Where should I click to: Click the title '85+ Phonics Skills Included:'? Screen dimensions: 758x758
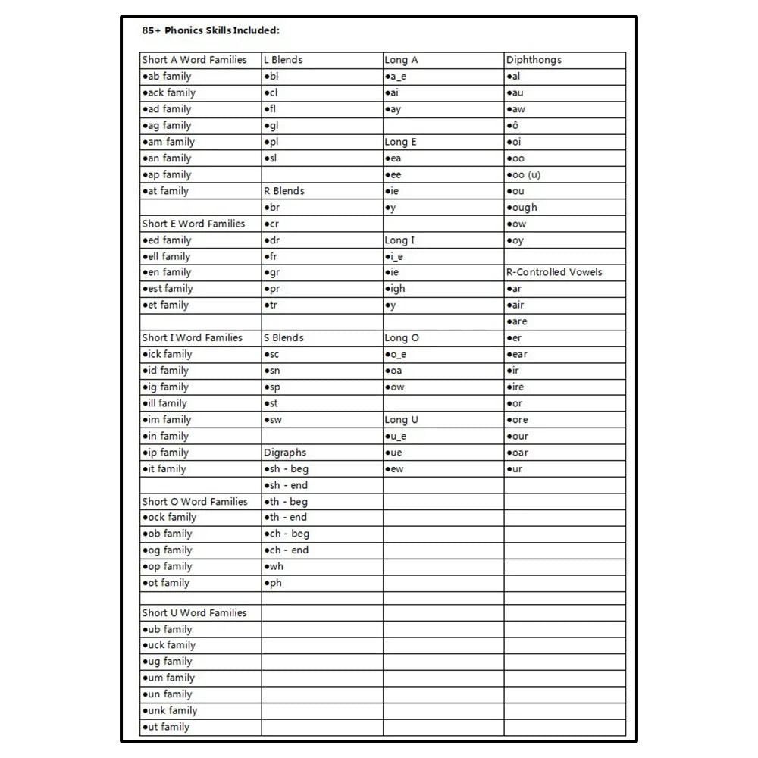(x=211, y=31)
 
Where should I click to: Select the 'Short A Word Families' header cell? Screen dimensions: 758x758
(x=195, y=60)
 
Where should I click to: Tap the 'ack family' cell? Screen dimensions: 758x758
(x=169, y=92)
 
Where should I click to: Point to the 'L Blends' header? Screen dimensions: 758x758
(x=283, y=60)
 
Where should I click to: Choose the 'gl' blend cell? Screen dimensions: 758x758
(x=271, y=126)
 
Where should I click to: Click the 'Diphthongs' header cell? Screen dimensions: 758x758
(x=534, y=60)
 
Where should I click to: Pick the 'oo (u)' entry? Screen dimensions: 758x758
(x=524, y=174)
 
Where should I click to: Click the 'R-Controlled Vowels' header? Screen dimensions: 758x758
(x=554, y=272)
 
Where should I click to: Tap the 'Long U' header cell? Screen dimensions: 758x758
(x=402, y=420)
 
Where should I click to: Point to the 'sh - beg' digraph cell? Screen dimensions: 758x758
(x=287, y=469)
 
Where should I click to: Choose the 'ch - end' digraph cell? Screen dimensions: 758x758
(x=287, y=550)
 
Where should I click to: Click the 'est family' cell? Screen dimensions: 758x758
(x=168, y=289)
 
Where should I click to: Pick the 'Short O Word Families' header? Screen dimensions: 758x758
(x=195, y=502)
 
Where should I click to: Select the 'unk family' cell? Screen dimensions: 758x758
(x=170, y=711)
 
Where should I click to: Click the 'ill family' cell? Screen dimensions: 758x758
(x=165, y=403)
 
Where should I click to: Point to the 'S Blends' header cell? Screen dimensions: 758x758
(x=283, y=338)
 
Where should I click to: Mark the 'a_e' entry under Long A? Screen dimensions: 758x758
(x=396, y=77)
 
